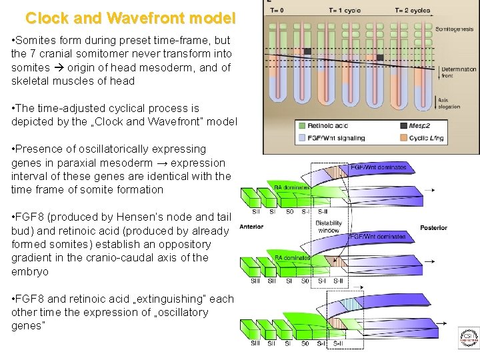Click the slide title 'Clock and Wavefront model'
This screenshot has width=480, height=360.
point(131,17)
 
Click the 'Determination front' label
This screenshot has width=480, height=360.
point(459,72)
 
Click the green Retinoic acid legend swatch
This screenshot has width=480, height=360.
point(302,125)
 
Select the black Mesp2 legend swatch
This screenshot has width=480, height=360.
point(404,125)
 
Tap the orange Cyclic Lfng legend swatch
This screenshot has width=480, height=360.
point(404,138)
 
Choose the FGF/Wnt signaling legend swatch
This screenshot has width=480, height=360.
point(302,138)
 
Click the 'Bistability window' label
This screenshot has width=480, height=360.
point(328,227)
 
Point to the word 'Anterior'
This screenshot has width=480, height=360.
point(251,227)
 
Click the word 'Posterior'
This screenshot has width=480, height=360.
point(433,228)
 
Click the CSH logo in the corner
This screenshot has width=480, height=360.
point(468,338)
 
